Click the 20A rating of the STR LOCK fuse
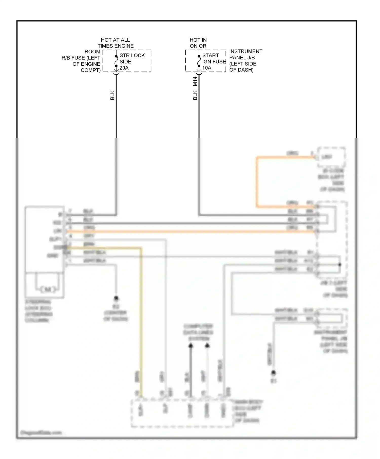click(124, 68)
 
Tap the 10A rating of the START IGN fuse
click(207, 68)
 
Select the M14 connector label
click(195, 81)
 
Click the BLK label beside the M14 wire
click(195, 95)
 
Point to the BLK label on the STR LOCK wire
click(112, 95)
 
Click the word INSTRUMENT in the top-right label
click(246, 51)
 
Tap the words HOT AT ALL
click(115, 40)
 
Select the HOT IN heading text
click(198, 40)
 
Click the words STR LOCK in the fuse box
click(132, 55)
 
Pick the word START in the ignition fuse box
click(210, 55)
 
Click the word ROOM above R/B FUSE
click(92, 52)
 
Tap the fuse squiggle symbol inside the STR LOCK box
click(116, 61)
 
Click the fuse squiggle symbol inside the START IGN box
click(199, 61)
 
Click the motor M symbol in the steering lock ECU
click(48, 289)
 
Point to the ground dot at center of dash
click(116, 298)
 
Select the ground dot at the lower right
click(273, 372)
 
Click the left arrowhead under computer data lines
click(191, 345)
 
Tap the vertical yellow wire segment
click(141, 316)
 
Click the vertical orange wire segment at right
click(257, 182)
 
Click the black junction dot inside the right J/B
click(340, 264)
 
